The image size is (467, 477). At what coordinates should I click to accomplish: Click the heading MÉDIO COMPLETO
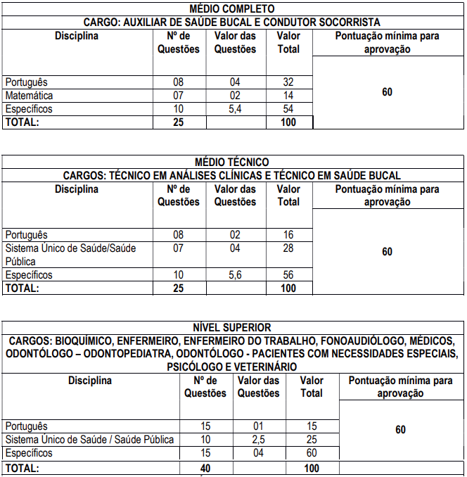click(233, 8)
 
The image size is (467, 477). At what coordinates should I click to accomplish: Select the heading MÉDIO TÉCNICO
click(233, 163)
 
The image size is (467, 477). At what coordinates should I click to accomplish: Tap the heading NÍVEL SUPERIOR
click(233, 327)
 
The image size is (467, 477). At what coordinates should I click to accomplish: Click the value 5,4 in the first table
click(235, 109)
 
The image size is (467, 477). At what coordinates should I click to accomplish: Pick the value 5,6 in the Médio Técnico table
click(235, 275)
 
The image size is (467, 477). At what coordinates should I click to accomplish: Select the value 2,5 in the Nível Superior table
click(258, 440)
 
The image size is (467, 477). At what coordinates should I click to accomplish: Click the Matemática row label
click(29, 96)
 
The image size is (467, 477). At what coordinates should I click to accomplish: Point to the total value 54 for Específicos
click(288, 109)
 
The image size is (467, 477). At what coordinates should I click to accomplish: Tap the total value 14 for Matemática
click(288, 96)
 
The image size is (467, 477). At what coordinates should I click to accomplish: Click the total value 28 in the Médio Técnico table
click(288, 248)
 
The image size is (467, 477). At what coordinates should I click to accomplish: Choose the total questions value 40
click(205, 468)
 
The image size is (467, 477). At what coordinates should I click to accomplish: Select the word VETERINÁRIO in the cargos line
click(265, 367)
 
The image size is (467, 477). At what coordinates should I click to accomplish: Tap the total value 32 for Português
click(288, 82)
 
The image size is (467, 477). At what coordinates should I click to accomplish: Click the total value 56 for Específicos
click(288, 275)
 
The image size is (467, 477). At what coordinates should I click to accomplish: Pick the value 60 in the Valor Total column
click(312, 453)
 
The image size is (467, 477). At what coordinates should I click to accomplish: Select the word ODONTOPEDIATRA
click(125, 354)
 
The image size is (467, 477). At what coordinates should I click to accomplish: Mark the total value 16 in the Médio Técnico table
click(288, 235)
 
